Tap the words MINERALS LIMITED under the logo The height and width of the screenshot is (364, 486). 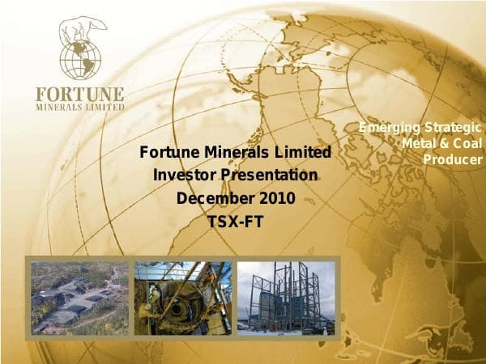tap(80, 106)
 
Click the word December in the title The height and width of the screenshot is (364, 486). tap(207, 197)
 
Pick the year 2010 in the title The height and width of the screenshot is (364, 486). tap(276, 197)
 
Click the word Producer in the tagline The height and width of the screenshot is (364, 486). tap(453, 159)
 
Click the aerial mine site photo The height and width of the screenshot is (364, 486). tap(79, 298)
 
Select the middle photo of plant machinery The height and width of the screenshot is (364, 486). tap(182, 298)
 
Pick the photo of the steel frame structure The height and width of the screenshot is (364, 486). tap(285, 298)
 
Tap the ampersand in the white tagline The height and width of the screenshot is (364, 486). tap(444, 143)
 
